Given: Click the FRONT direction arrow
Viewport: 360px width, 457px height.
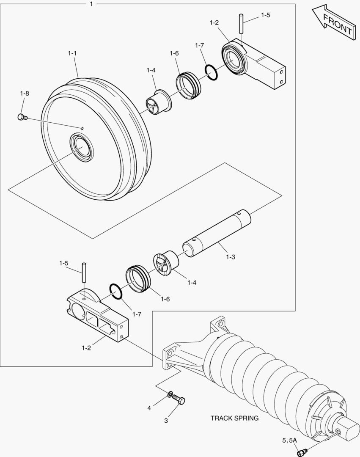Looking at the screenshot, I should coord(334,24).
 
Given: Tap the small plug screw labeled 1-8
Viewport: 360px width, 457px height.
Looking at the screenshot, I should coord(22,117).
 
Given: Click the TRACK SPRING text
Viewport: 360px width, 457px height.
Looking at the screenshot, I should coord(234,418).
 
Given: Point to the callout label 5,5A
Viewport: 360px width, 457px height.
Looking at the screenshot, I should coord(290,440).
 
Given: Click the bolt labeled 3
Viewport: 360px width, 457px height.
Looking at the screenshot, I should coord(181,400).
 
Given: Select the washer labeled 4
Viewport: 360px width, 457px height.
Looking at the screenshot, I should coord(170,395).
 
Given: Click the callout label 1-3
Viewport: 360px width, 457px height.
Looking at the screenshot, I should coord(231,257).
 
